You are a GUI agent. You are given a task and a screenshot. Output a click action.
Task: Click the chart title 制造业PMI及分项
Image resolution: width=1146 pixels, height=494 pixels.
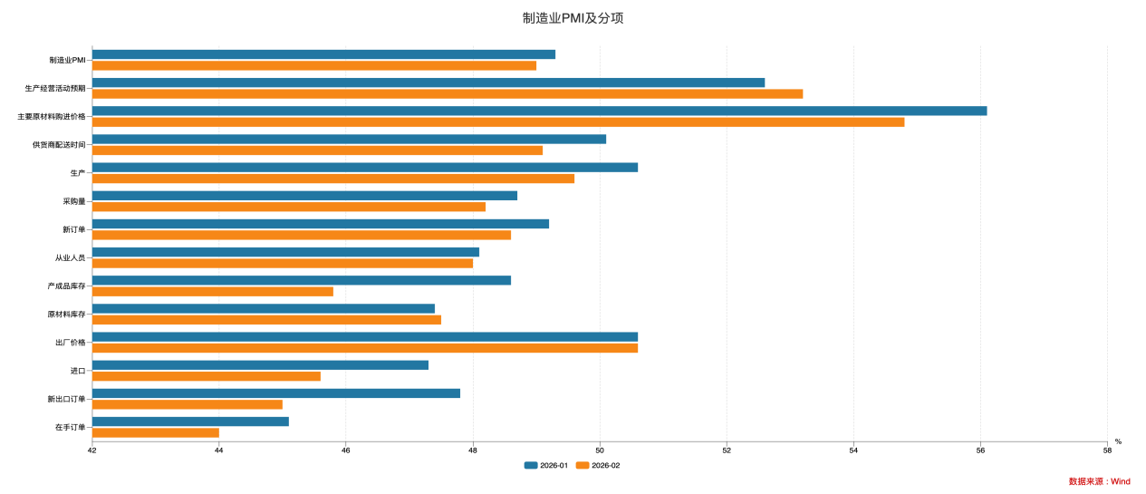point(573,18)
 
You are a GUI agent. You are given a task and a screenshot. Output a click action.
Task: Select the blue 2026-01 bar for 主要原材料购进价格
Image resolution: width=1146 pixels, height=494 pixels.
point(539,111)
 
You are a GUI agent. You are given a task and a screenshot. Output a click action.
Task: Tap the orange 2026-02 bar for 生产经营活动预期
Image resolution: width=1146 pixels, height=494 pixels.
point(447,93)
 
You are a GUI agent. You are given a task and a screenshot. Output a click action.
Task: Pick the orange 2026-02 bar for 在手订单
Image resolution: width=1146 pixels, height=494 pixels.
point(156,432)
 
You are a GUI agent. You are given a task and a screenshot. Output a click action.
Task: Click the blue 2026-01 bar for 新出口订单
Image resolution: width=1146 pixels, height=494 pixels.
point(276,393)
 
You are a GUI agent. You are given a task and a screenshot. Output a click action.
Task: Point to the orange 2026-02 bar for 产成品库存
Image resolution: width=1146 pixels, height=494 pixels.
point(213,291)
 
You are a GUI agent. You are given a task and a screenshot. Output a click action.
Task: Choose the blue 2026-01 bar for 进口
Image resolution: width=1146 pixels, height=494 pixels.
point(260,365)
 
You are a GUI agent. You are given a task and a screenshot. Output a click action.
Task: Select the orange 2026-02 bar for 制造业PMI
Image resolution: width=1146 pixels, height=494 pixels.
point(314,65)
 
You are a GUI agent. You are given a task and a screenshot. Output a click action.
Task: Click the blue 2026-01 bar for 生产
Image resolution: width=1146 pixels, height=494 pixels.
point(365,167)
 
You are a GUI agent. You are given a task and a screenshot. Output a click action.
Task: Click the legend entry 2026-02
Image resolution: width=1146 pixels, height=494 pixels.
point(598,465)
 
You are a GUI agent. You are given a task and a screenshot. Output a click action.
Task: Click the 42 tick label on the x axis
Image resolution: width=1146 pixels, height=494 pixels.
point(92,450)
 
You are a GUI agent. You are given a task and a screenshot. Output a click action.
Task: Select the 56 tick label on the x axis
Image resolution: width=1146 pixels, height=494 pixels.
point(980,450)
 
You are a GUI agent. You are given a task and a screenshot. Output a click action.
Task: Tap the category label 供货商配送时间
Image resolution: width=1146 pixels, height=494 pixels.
point(59,145)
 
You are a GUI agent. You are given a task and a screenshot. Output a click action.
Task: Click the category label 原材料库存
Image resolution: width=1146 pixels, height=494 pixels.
point(66,315)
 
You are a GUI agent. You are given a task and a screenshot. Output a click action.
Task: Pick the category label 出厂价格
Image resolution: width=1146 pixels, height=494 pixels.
point(70,343)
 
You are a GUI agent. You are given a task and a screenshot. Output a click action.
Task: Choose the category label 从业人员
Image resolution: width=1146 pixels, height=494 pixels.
point(70,257)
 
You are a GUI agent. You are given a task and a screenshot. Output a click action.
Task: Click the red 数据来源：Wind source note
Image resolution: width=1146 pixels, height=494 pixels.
point(1099,481)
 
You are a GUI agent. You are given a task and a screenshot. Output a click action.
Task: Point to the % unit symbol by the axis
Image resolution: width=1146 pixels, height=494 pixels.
point(1118,441)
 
